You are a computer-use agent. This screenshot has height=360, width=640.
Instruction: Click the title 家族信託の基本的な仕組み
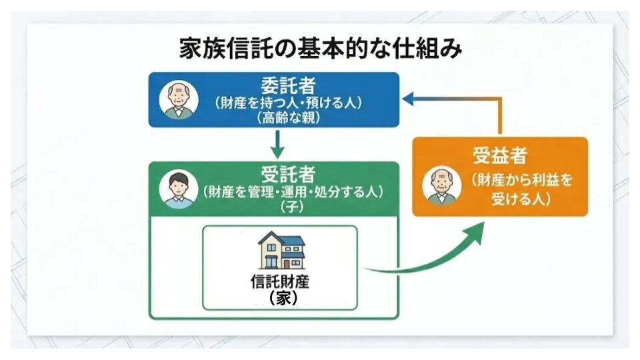pyautogui.click(x=320, y=49)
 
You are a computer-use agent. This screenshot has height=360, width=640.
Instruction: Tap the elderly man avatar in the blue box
pyautogui.click(x=178, y=100)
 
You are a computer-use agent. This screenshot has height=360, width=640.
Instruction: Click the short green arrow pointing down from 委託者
pyautogui.click(x=277, y=142)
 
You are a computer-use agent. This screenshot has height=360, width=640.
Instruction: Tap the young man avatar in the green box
pyautogui.click(x=178, y=189)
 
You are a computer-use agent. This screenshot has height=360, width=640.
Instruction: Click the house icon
pyautogui.click(x=281, y=250)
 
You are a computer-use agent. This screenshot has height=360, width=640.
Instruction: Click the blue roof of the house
pyautogui.click(x=281, y=239)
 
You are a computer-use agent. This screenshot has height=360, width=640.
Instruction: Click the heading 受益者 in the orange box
pyautogui.click(x=500, y=156)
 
